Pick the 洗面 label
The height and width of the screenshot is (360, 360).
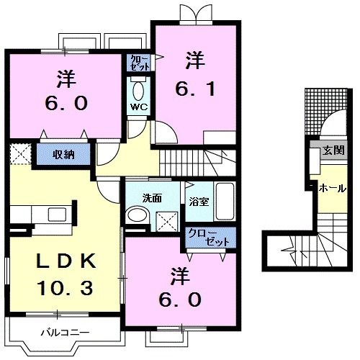(151, 197)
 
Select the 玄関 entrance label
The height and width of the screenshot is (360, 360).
(333, 150)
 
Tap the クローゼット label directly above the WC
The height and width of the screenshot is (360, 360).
(140, 62)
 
